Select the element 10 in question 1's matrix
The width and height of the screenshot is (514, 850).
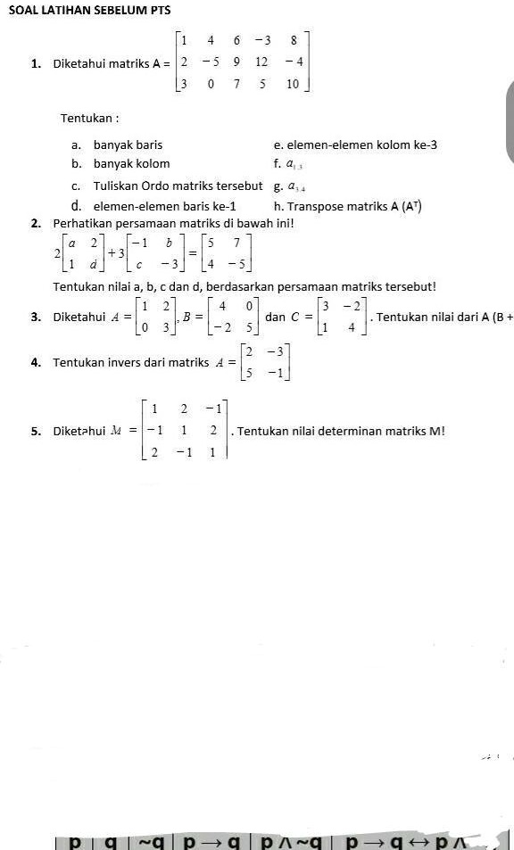[x=293, y=86]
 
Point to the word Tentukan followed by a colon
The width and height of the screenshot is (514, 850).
[x=89, y=119]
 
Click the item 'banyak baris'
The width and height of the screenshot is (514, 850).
[x=128, y=144]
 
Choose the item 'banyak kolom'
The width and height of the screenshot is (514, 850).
[x=131, y=163]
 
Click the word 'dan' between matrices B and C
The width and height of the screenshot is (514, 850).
[x=276, y=317]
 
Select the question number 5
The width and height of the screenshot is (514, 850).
[x=34, y=432]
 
